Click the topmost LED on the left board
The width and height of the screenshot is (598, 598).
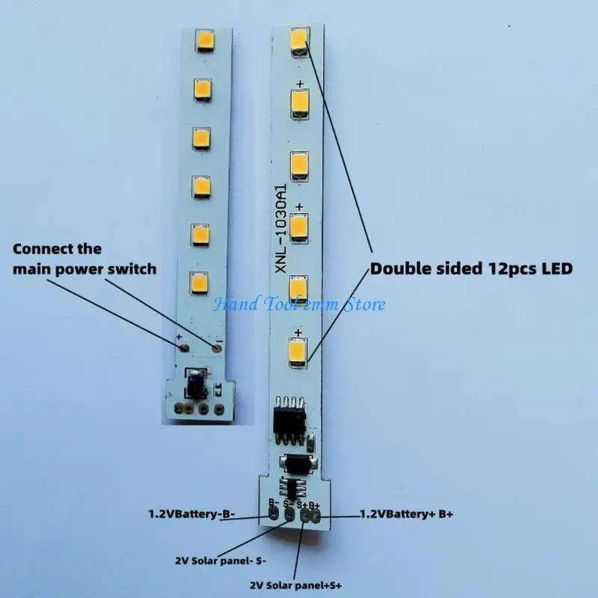[x=205, y=40]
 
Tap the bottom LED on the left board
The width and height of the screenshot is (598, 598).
[x=199, y=283]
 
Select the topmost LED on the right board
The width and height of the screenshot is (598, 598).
[x=300, y=42]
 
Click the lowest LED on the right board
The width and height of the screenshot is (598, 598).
[x=298, y=354]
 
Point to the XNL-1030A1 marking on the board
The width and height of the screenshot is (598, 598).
[x=281, y=229]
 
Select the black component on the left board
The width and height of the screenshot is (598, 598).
[x=196, y=383]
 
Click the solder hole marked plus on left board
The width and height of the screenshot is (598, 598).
[x=185, y=348]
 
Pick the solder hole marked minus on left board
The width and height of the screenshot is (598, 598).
[x=218, y=348]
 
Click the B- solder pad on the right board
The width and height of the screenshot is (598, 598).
[x=274, y=514]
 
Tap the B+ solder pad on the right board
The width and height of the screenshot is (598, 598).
[x=315, y=517]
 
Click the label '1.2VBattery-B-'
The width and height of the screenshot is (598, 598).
[x=191, y=514]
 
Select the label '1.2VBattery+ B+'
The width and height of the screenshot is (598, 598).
[x=407, y=514]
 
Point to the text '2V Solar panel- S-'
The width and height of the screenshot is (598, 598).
[x=221, y=561]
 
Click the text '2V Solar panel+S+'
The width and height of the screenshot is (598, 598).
[x=296, y=585]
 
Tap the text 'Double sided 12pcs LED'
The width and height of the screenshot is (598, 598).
[x=472, y=268]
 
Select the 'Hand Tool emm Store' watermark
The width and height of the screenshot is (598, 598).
[x=300, y=304]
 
